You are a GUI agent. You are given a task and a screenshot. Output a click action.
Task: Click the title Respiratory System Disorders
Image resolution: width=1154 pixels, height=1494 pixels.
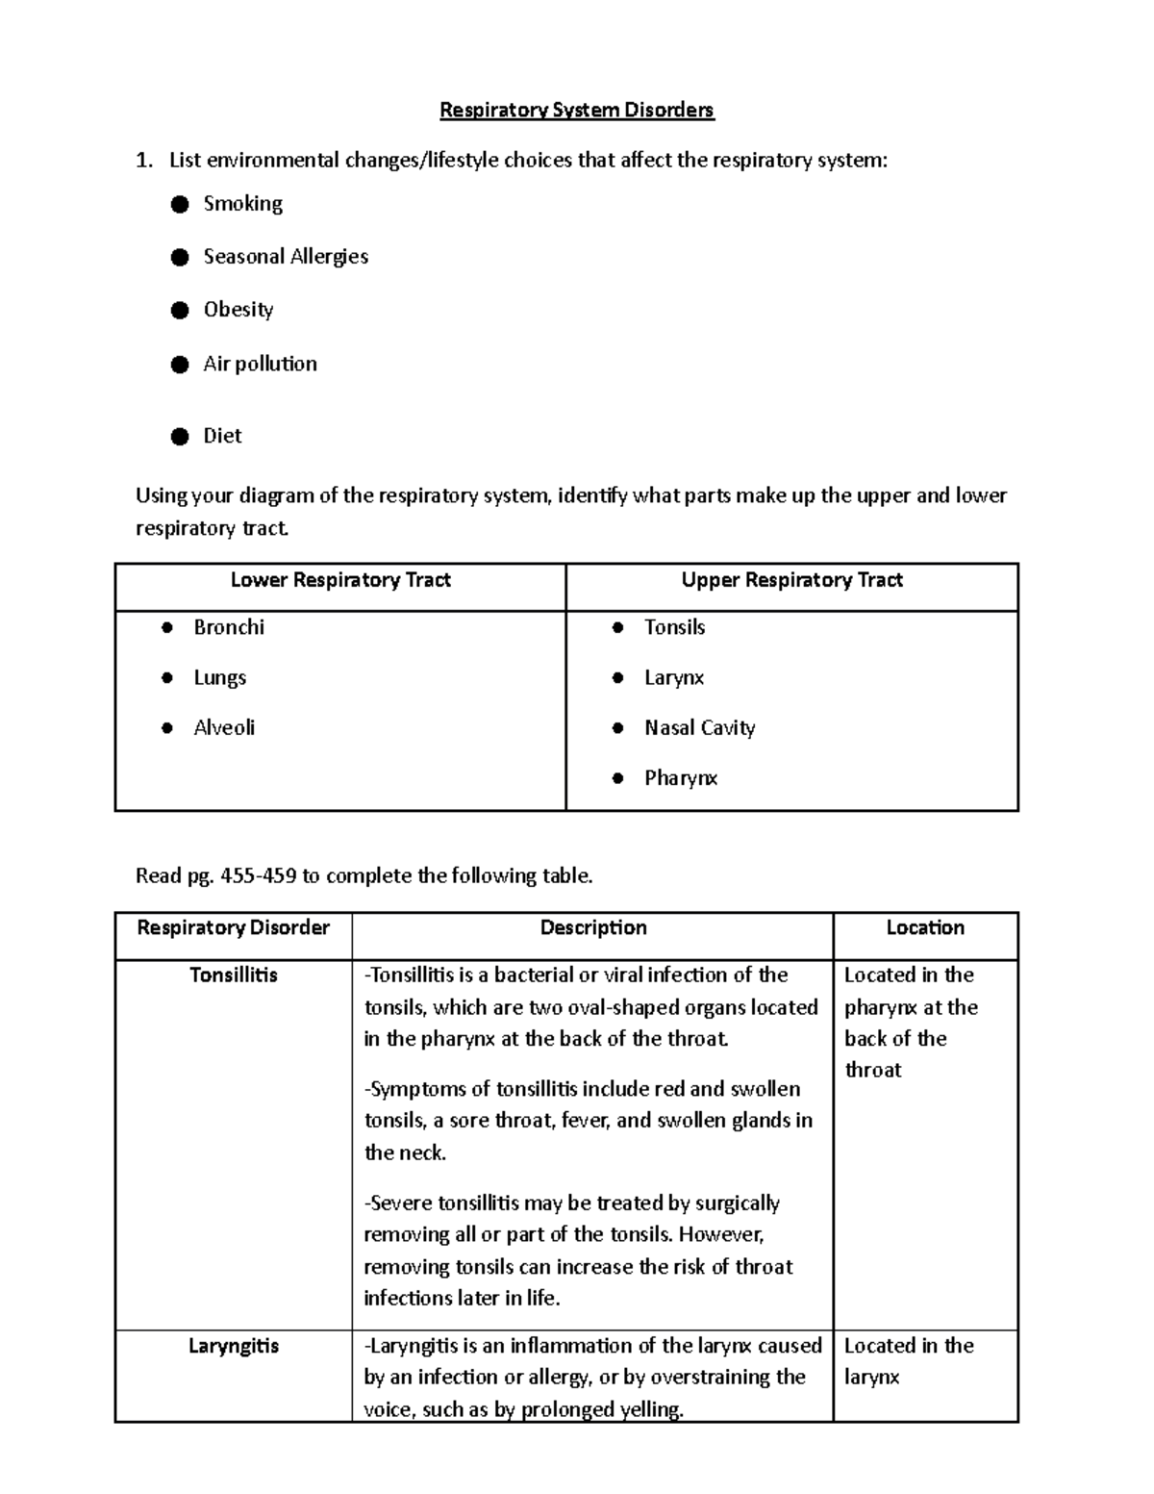click(576, 111)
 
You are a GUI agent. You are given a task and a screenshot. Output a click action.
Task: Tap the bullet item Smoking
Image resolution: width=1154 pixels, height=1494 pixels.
click(242, 204)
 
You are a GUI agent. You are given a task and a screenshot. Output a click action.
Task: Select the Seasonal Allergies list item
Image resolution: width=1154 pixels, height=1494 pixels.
click(286, 257)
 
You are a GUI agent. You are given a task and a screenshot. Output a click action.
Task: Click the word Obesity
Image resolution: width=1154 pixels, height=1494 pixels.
click(238, 310)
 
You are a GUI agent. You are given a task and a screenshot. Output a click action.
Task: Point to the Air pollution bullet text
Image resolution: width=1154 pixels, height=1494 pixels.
click(260, 364)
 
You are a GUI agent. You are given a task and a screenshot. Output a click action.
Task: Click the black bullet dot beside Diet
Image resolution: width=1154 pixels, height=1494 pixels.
click(180, 437)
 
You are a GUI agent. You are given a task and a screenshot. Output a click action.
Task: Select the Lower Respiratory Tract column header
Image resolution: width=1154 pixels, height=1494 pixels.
click(340, 580)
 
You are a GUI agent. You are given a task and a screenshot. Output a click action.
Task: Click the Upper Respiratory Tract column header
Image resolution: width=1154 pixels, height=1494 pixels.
click(791, 580)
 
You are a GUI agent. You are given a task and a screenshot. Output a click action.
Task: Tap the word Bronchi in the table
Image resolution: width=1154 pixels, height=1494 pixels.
click(229, 627)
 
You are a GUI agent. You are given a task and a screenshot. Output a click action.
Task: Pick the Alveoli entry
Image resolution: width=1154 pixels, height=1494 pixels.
click(224, 728)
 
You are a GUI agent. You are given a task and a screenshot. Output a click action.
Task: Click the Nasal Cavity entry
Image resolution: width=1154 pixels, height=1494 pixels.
click(699, 728)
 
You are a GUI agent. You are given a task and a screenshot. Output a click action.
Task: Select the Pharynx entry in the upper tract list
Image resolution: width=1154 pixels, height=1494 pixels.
click(681, 778)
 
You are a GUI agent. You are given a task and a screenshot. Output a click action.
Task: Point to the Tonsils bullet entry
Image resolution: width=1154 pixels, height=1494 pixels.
click(674, 627)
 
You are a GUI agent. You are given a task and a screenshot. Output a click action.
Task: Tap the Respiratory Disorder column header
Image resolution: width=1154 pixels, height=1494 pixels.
click(233, 928)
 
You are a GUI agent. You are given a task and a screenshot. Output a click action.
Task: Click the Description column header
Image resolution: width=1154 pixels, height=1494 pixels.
click(592, 928)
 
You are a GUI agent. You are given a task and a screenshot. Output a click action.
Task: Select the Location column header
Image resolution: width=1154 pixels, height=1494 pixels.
click(925, 928)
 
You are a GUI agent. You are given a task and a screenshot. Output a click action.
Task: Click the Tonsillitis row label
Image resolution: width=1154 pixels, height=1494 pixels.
click(233, 975)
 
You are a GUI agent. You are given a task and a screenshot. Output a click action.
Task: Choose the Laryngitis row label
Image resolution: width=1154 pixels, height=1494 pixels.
click(233, 1346)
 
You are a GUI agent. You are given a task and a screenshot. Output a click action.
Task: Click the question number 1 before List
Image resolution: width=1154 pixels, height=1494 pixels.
click(143, 161)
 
